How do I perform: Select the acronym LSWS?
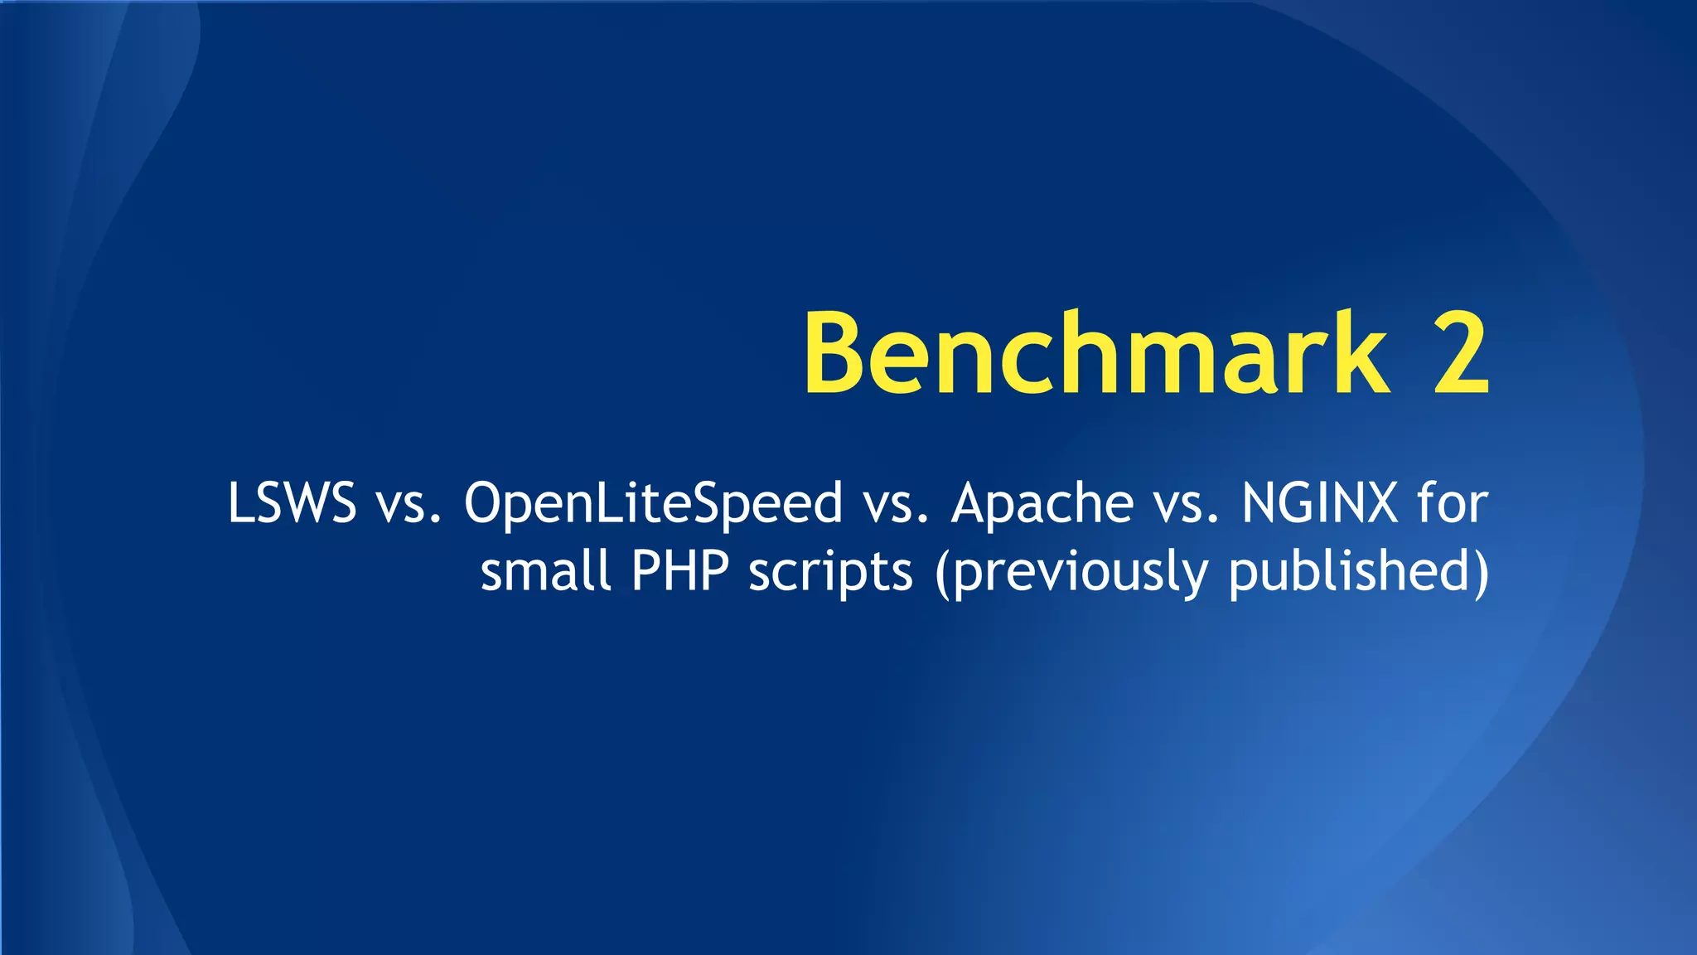click(292, 502)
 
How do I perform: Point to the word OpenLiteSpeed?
click(653, 504)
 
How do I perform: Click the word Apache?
click(1042, 504)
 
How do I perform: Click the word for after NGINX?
click(1453, 502)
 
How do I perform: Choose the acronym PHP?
click(680, 570)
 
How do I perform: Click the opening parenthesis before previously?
click(943, 572)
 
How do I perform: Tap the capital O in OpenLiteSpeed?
click(486, 502)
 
